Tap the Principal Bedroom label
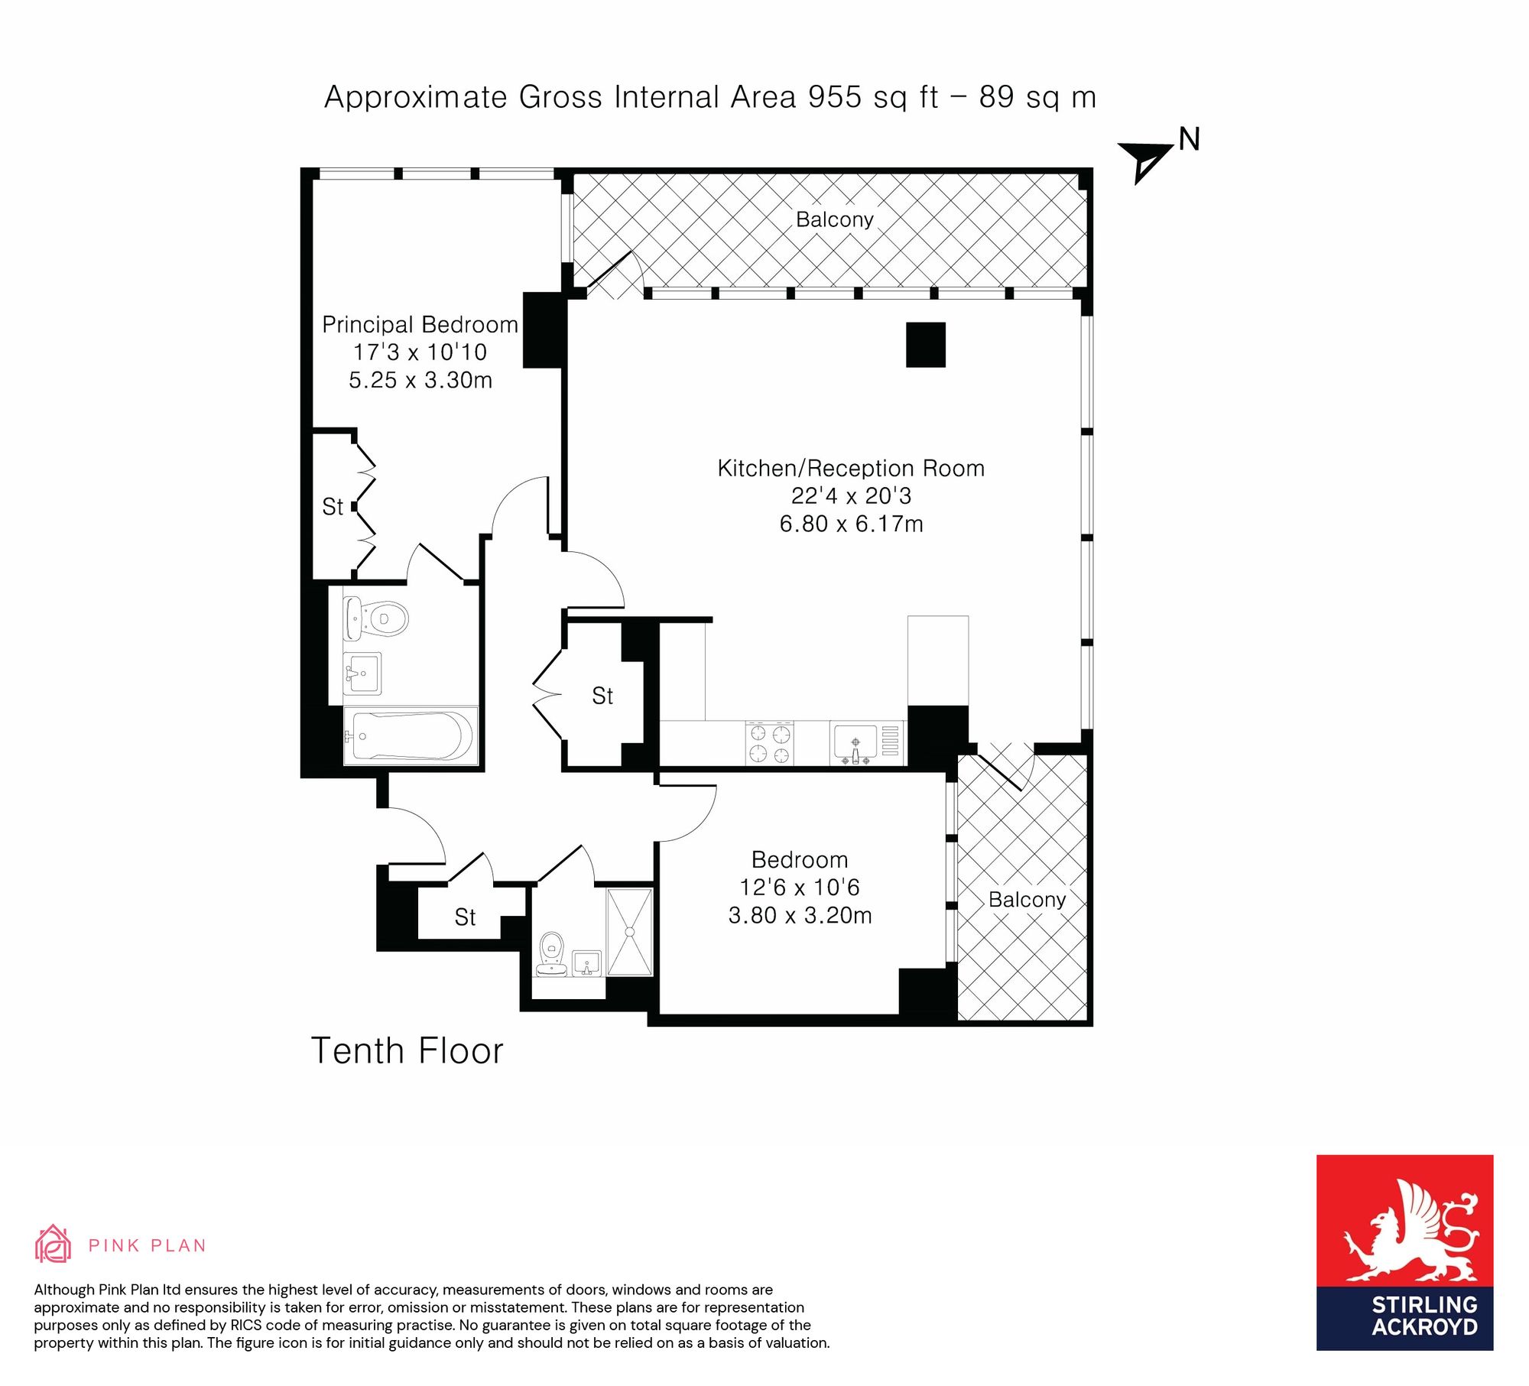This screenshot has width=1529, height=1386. [420, 325]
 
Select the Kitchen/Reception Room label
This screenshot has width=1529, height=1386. [851, 468]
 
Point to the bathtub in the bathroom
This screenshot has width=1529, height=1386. [411, 735]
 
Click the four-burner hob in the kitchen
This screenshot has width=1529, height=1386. [769, 743]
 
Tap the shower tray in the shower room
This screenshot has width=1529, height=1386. [629, 932]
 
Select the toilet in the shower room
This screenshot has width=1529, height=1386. [551, 954]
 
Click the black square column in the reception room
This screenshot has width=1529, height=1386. [926, 345]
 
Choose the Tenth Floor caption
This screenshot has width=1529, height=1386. [407, 1050]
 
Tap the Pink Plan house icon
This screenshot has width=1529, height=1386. [53, 1244]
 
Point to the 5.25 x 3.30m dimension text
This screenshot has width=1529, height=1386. [420, 380]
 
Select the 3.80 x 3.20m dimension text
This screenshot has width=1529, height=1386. [800, 915]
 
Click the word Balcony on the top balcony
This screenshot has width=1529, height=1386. [834, 219]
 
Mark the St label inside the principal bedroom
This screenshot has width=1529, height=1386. [333, 507]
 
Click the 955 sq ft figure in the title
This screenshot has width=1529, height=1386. [873, 97]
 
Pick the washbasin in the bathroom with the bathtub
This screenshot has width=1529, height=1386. [362, 674]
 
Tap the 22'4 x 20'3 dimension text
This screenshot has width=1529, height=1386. [851, 496]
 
